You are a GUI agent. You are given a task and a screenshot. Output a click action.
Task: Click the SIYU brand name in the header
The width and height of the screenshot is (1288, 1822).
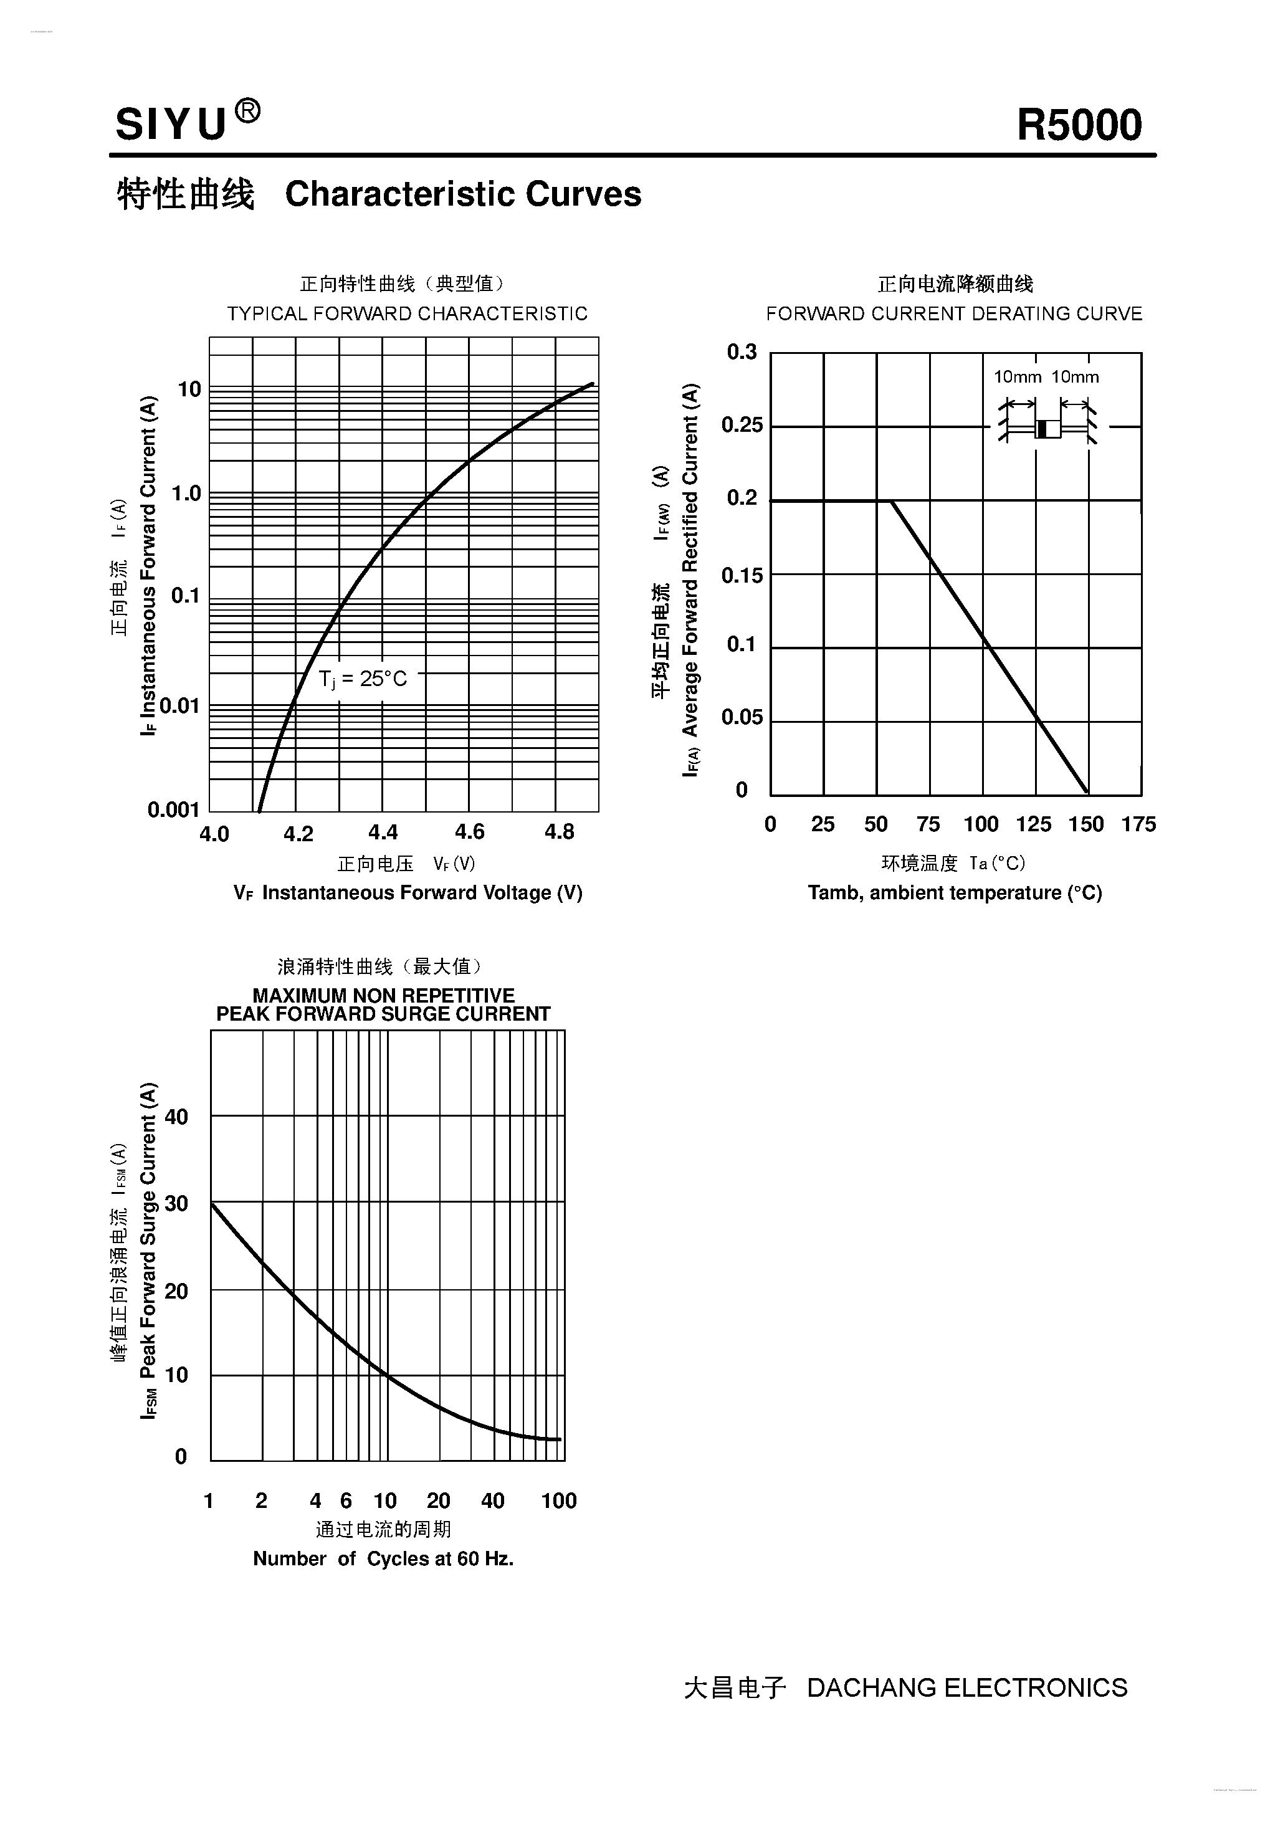pyautogui.click(x=171, y=125)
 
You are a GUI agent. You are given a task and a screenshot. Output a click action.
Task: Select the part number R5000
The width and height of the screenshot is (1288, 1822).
pyautogui.click(x=1079, y=125)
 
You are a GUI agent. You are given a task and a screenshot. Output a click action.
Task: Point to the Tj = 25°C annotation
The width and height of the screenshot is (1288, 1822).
pyautogui.click(x=363, y=679)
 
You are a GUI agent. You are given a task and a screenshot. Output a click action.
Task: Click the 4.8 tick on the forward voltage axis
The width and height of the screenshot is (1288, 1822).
pyautogui.click(x=559, y=832)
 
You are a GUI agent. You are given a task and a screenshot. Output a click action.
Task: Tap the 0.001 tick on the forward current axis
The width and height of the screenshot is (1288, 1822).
pyautogui.click(x=173, y=809)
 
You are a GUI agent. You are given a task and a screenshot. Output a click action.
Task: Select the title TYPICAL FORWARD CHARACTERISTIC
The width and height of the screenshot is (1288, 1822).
pyautogui.click(x=407, y=313)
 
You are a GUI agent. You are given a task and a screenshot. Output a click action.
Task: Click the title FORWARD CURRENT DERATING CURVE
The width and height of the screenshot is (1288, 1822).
pyautogui.click(x=954, y=313)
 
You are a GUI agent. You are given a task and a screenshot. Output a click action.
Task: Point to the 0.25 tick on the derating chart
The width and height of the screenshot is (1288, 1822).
pyautogui.click(x=742, y=426)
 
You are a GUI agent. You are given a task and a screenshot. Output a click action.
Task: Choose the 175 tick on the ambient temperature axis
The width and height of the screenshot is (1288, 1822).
pyautogui.click(x=1138, y=824)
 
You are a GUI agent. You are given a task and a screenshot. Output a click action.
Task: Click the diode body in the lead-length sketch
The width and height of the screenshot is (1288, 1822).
pyautogui.click(x=1047, y=429)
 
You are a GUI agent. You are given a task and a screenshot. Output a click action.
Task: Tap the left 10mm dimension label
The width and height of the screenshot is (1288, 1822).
pyautogui.click(x=1018, y=377)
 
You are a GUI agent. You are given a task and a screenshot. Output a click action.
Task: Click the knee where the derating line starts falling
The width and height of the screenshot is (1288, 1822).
pyautogui.click(x=892, y=502)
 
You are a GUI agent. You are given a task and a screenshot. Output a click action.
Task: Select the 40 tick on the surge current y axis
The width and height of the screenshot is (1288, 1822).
pyautogui.click(x=176, y=1117)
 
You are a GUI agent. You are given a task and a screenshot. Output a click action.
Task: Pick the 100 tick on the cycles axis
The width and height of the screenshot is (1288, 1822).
pyautogui.click(x=559, y=1500)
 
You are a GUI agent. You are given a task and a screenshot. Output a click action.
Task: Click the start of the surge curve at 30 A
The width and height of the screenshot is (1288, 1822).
pyautogui.click(x=212, y=1204)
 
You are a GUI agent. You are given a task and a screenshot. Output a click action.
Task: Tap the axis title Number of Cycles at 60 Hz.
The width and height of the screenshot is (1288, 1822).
pyautogui.click(x=383, y=1558)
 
